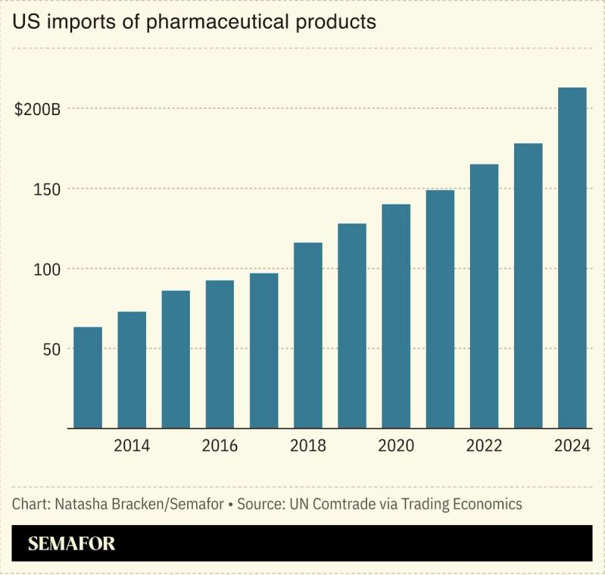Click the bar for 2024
coord(572,258)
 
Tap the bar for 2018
coord(307,335)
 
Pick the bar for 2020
coord(395,316)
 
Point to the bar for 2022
coord(484,296)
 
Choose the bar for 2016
coord(220,354)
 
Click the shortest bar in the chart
coord(88,377)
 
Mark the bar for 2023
coord(528,286)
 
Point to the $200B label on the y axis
coord(37,109)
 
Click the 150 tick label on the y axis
coord(48,189)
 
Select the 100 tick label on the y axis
coord(48,269)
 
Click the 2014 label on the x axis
coord(132,445)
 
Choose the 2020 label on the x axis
coord(395,445)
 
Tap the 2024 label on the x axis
coord(572,445)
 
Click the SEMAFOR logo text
coord(71,544)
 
